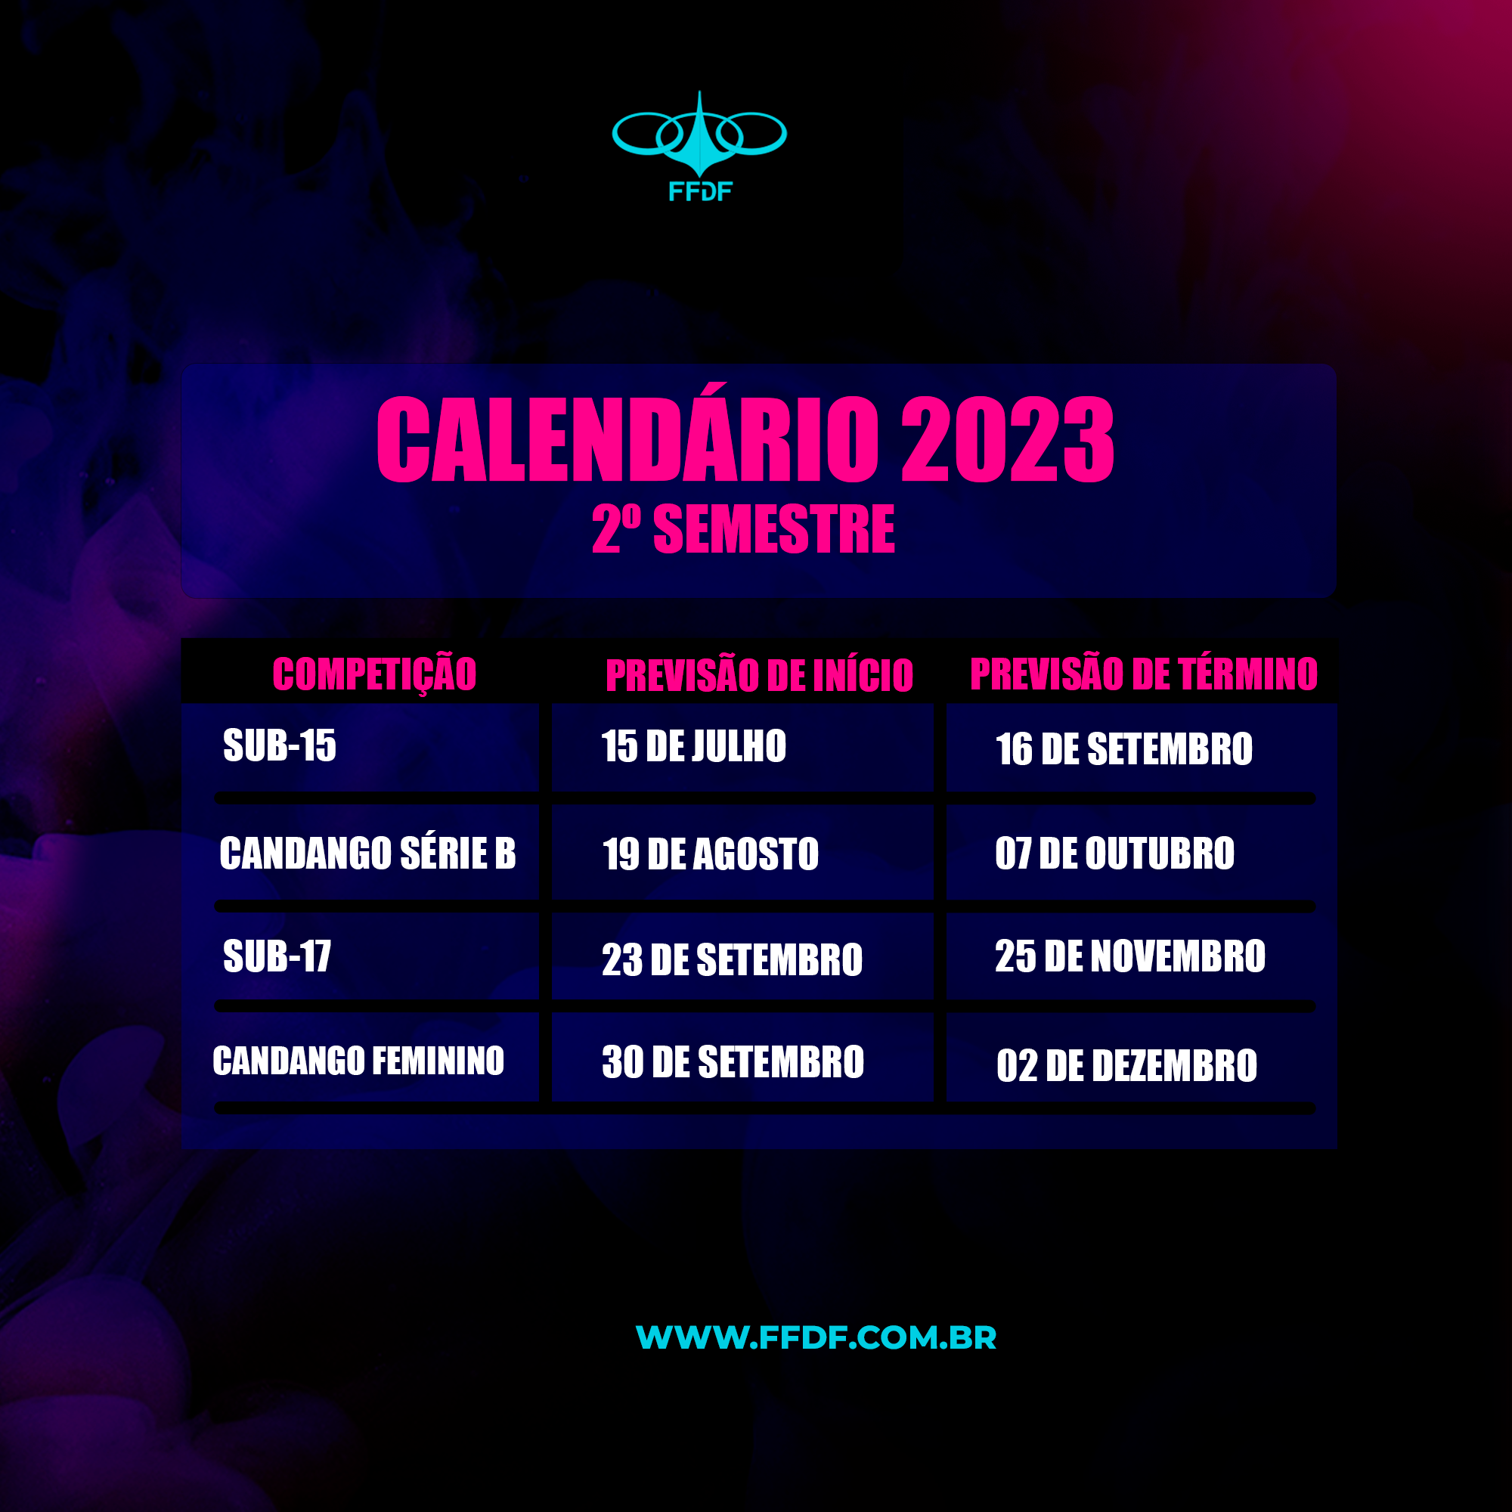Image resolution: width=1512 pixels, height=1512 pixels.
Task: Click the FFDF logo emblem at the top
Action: (699, 134)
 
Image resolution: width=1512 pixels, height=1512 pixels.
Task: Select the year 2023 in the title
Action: (1008, 439)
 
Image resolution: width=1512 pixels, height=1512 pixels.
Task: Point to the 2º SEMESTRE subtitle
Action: (743, 529)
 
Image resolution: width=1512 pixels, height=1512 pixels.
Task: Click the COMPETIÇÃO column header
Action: (374, 673)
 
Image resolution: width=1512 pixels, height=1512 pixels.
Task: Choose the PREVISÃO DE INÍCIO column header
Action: (759, 675)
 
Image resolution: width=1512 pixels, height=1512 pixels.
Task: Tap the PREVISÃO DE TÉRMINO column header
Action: (1143, 674)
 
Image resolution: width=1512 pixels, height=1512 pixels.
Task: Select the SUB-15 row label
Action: (280, 745)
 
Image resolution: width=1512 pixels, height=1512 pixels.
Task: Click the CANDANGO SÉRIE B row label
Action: (368, 853)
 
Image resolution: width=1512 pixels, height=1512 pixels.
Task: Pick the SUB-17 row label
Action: (277, 956)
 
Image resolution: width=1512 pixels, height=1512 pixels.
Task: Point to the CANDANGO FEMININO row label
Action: (358, 1061)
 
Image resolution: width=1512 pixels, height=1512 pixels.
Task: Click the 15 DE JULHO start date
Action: (693, 746)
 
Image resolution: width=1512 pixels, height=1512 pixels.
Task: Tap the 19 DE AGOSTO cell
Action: (711, 854)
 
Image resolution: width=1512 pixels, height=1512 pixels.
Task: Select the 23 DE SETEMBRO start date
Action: (732, 959)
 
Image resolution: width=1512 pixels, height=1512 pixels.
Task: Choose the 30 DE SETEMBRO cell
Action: (733, 1062)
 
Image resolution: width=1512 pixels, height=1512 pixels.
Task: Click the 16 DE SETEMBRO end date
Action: (1124, 749)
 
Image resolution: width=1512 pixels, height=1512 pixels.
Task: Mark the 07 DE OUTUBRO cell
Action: (1114, 853)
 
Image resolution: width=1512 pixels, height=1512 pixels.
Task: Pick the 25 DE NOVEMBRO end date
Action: (1130, 956)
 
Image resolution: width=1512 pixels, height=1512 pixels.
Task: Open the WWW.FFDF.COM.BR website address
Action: (816, 1337)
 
